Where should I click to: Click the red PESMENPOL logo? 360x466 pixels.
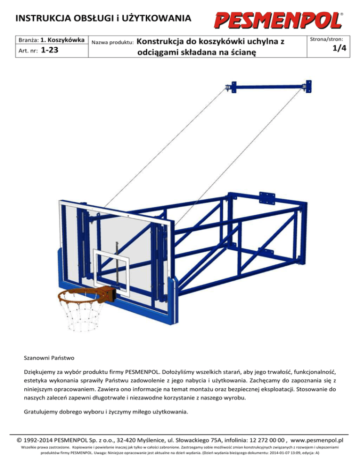tap(278, 20)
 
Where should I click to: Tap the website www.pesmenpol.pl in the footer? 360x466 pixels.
tap(317, 441)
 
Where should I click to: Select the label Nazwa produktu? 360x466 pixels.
tap(113, 42)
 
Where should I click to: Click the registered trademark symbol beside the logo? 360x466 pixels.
tap(342, 15)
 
